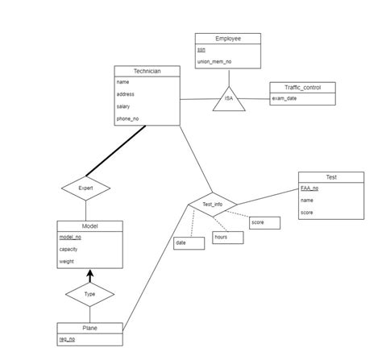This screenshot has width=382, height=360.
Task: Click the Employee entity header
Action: coord(228,39)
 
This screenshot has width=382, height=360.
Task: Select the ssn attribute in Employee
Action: coord(201,50)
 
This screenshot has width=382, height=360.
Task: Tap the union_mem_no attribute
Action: coord(214,61)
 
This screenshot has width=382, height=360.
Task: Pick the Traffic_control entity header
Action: coord(301,87)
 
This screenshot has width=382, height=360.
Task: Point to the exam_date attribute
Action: coord(284,98)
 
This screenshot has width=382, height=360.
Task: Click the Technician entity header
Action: coord(146,71)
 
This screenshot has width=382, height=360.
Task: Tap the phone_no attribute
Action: coord(127,118)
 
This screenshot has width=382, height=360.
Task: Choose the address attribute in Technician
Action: coord(126,94)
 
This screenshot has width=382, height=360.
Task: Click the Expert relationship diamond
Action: coord(85,188)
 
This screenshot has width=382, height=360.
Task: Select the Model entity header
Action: coord(89,226)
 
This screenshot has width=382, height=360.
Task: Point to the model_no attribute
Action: coord(70,237)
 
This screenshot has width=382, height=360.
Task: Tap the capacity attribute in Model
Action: coord(70,249)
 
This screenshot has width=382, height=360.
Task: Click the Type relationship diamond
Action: coord(89,295)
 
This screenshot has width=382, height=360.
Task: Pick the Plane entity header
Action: coord(89,328)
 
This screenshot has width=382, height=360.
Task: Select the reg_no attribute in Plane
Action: coord(67,339)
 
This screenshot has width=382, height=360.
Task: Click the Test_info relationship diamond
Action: coord(213,204)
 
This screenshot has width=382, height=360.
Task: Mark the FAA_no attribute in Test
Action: coord(309,188)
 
